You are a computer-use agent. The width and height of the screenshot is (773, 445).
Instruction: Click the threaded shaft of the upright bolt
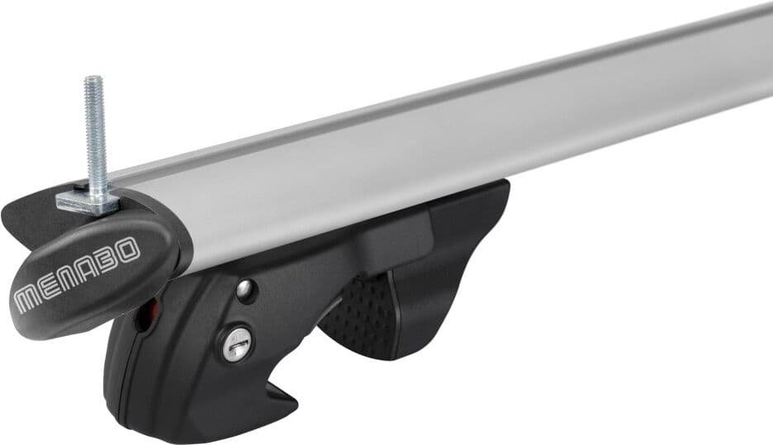[x=95, y=133]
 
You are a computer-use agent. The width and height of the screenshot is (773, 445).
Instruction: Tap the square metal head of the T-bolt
[x=88, y=201]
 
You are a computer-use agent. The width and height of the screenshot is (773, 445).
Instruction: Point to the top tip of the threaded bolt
[x=92, y=78]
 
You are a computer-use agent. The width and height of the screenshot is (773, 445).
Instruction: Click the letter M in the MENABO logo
[x=30, y=300]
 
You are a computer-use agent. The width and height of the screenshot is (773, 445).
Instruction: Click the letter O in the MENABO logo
[x=129, y=249]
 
